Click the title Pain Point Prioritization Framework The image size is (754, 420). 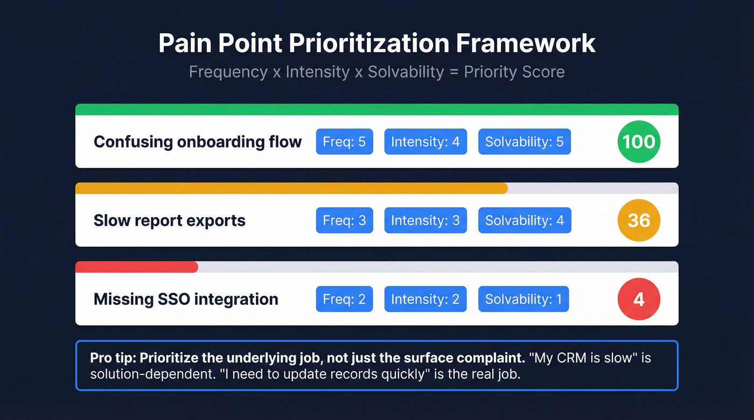[377, 44]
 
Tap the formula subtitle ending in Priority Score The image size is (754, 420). [377, 72]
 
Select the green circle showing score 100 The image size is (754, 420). [639, 141]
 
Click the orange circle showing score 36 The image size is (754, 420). [639, 220]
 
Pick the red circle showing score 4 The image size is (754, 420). [639, 299]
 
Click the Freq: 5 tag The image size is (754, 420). [344, 142]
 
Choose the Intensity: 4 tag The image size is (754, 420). [425, 142]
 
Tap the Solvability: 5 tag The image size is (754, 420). [525, 142]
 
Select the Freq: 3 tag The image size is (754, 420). [344, 220]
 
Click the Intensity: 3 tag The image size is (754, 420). [425, 220]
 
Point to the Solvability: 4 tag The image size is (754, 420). [525, 220]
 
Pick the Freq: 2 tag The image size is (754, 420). [344, 300]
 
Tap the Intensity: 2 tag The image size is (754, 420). [425, 300]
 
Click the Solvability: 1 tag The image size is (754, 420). [523, 300]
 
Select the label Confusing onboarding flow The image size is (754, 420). [198, 142]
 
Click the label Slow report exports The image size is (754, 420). [170, 220]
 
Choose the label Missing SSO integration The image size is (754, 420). [186, 300]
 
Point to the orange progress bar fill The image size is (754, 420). [291, 188]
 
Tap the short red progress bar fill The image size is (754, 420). [137, 267]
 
